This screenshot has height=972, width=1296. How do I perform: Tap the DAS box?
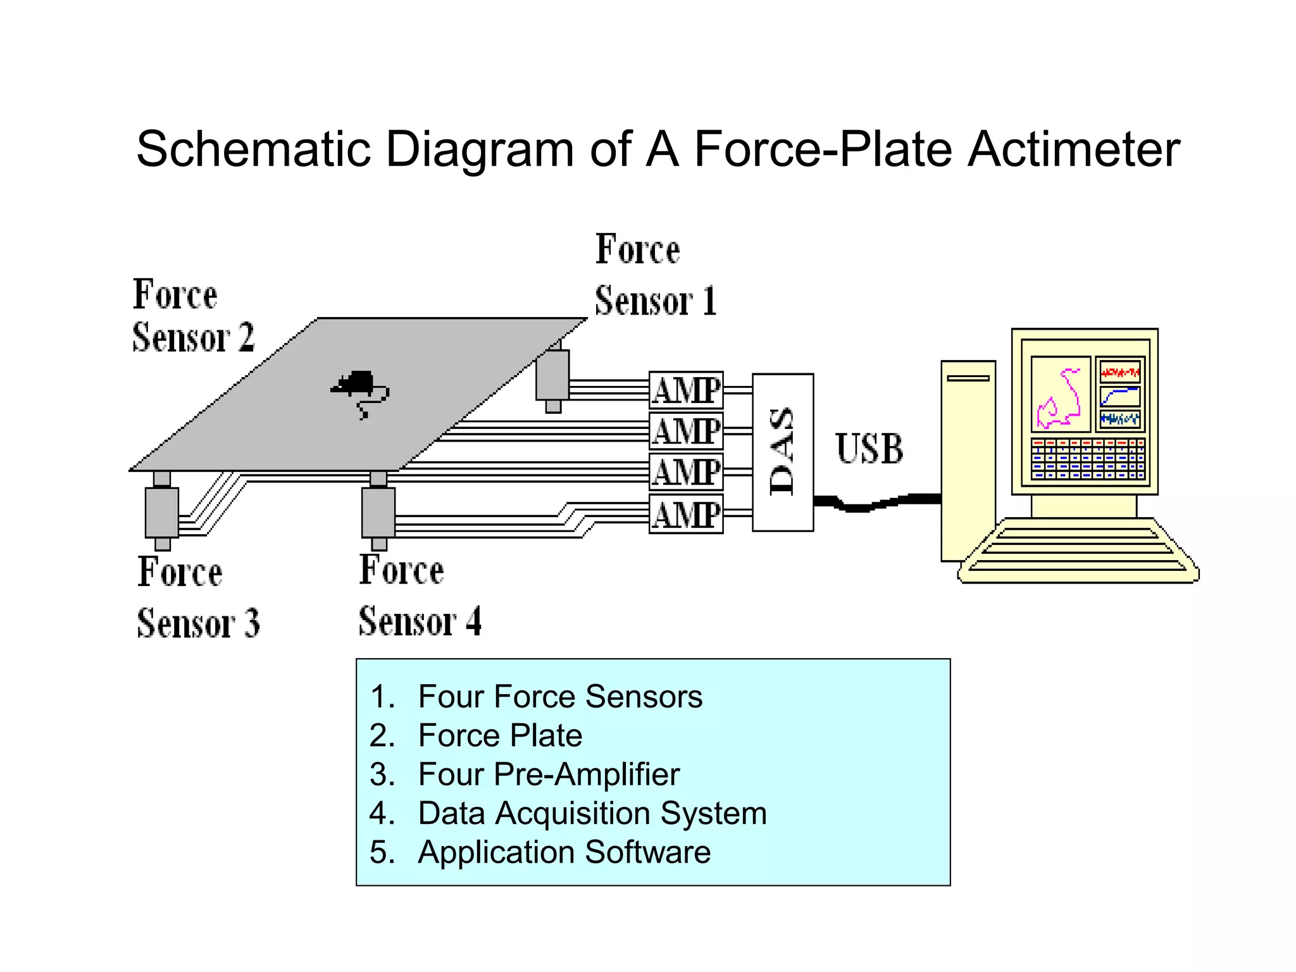coord(782,452)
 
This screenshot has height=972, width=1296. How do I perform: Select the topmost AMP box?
coord(686,390)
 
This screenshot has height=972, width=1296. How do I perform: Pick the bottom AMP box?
coord(686,514)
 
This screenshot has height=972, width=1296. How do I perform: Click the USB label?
coord(869,449)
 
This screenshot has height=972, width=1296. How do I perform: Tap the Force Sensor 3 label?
coord(197,597)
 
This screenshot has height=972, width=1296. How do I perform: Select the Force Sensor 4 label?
coord(419,595)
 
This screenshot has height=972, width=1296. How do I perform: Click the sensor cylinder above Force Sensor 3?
coord(162,512)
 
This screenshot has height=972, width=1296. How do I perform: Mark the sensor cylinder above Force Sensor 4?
coord(378,512)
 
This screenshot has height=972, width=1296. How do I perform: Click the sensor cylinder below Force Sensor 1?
coord(552,375)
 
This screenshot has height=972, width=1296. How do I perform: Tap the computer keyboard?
coord(1078,551)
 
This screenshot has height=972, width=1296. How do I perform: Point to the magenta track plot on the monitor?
coord(1060,394)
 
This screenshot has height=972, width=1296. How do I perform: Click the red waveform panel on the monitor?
coord(1119,371)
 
